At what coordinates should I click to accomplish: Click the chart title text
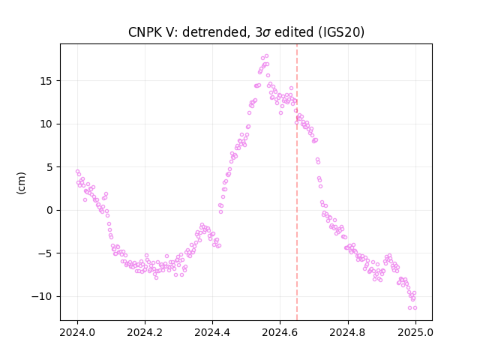click(x=246, y=32)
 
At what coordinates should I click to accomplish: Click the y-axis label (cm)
click(x=22, y=183)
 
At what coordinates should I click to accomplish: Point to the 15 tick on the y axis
click(x=47, y=81)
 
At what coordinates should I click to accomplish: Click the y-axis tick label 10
click(x=47, y=124)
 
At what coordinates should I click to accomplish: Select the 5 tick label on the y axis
click(x=50, y=167)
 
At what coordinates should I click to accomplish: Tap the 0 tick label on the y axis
click(x=50, y=210)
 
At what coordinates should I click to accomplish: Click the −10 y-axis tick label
click(x=43, y=297)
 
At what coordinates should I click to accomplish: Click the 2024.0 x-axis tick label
click(x=77, y=332)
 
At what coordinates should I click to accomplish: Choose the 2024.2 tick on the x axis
click(x=145, y=332)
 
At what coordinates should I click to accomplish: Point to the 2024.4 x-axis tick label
click(x=212, y=332)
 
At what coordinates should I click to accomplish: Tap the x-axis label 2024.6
click(x=280, y=332)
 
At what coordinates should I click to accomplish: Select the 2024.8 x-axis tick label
click(x=348, y=332)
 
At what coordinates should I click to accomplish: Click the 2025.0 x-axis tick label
click(x=415, y=332)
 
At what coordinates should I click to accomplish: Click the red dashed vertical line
click(x=297, y=182)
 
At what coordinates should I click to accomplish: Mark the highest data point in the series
click(x=267, y=56)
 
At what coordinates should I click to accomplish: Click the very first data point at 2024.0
click(x=77, y=172)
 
